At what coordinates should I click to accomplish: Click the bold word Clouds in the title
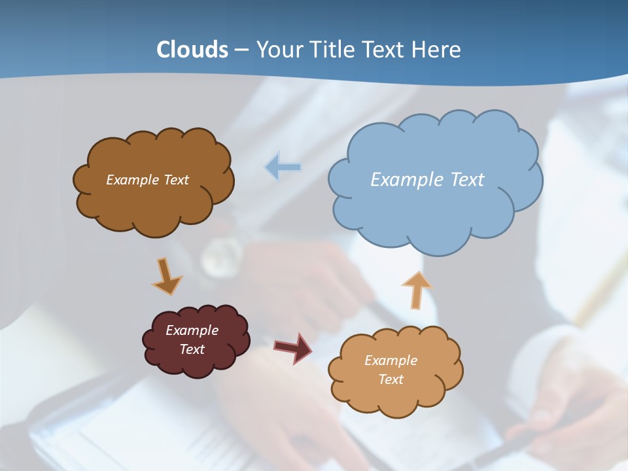tap(192, 49)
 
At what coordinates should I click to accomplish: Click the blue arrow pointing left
tap(283, 167)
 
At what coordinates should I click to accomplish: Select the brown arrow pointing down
tap(167, 276)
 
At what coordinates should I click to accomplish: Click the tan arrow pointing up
tap(416, 289)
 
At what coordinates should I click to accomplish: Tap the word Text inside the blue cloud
tap(467, 180)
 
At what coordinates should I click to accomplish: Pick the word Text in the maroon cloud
tap(192, 349)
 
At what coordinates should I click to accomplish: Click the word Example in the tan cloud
tap(391, 360)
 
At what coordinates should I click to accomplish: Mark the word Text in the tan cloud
tap(391, 379)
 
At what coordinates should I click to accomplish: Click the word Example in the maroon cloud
tap(192, 330)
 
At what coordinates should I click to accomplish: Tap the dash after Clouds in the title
tap(241, 49)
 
